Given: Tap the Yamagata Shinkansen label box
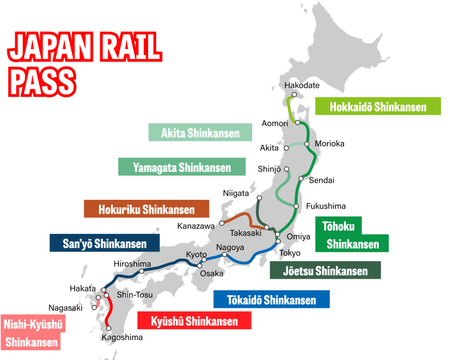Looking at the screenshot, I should tap(181, 166).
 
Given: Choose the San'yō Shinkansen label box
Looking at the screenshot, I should tap(98, 243).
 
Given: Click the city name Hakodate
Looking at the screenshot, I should tap(302, 85).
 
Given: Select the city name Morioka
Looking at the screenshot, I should tap(329, 144).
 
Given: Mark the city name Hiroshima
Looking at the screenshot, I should tap(132, 263).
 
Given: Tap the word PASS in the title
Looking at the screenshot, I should tap(41, 80).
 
